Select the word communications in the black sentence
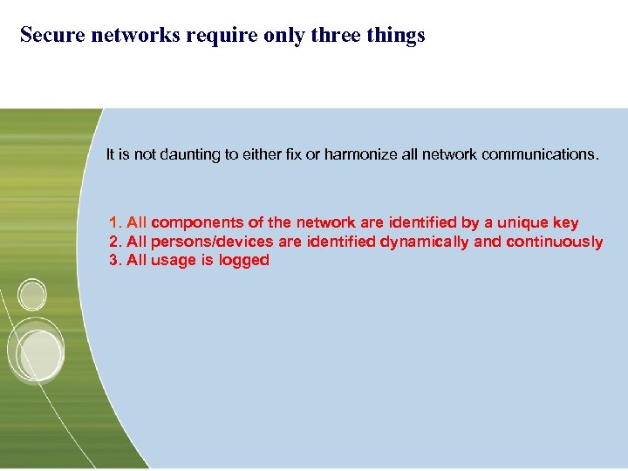coord(533,154)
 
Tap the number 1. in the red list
coord(116,223)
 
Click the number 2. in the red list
coord(116,242)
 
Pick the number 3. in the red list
coord(116,260)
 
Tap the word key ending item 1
coord(563,223)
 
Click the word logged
coord(244,260)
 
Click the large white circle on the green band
coord(36,354)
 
